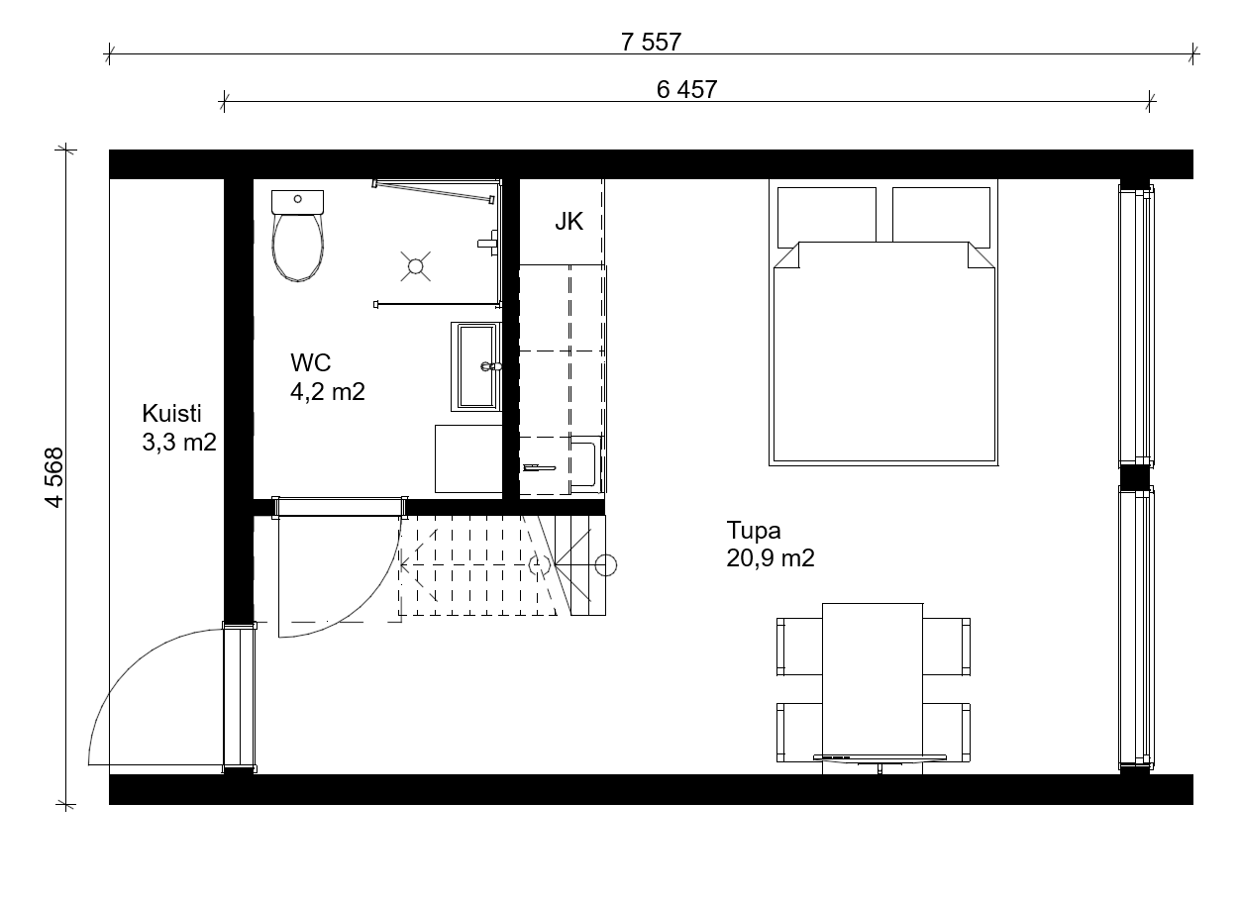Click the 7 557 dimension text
click(651, 42)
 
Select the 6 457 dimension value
click(686, 90)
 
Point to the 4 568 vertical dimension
click(54, 477)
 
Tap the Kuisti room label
click(171, 413)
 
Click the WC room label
click(311, 363)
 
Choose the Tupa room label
click(754, 530)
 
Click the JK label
click(568, 222)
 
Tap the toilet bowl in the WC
click(298, 248)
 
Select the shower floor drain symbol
click(415, 266)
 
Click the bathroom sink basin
click(476, 366)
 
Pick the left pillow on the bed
click(826, 218)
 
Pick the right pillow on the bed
click(941, 218)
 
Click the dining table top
click(873, 688)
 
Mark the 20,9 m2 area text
click(770, 558)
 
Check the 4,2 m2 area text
click(328, 392)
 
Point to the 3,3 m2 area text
click(179, 443)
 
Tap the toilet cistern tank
click(298, 203)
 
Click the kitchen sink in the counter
click(585, 464)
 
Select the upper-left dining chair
click(799, 647)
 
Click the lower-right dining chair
click(946, 732)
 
